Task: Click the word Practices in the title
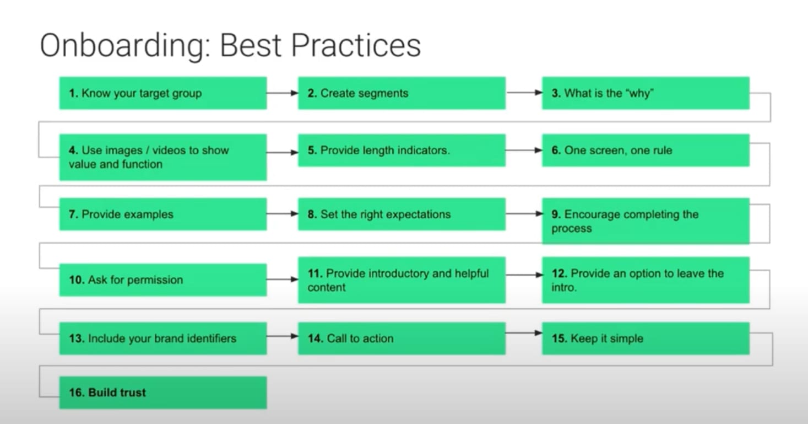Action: (x=356, y=45)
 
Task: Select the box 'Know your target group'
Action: (x=163, y=93)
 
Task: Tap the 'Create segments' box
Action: (x=402, y=93)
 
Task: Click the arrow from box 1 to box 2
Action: (x=283, y=93)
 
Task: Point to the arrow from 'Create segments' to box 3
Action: (x=524, y=93)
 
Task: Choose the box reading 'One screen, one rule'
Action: (x=646, y=150)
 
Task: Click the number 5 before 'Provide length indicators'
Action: (x=312, y=150)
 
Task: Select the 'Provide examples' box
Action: (x=163, y=214)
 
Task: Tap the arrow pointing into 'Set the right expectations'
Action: (x=283, y=214)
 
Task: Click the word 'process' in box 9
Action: (x=571, y=229)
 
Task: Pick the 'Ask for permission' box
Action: (x=163, y=280)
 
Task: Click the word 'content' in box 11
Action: (x=327, y=287)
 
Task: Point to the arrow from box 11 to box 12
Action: (x=524, y=275)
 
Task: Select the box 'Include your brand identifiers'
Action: (x=163, y=339)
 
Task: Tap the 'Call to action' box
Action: (x=402, y=339)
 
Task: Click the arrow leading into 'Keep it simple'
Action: (x=524, y=332)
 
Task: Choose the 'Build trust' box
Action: (x=163, y=393)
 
